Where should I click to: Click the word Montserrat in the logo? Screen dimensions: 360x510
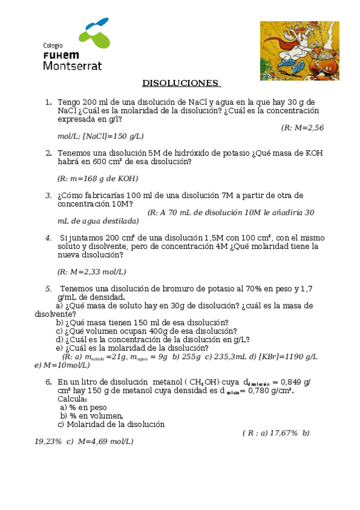(x=72, y=65)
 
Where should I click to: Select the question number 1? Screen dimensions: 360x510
(x=47, y=102)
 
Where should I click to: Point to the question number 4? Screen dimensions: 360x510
(x=47, y=238)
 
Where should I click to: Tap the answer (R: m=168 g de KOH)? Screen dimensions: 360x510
(x=98, y=179)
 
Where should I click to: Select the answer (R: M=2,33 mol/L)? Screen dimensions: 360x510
(x=92, y=272)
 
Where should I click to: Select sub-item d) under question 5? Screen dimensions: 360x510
(x=59, y=339)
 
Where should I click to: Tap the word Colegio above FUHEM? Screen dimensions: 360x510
(x=53, y=45)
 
